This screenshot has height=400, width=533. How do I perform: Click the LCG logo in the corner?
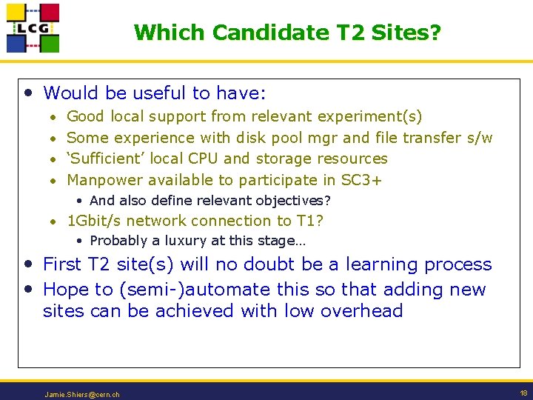[x=33, y=28]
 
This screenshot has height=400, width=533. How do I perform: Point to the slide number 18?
[x=523, y=393]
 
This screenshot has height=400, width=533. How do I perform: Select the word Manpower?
[x=105, y=180]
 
